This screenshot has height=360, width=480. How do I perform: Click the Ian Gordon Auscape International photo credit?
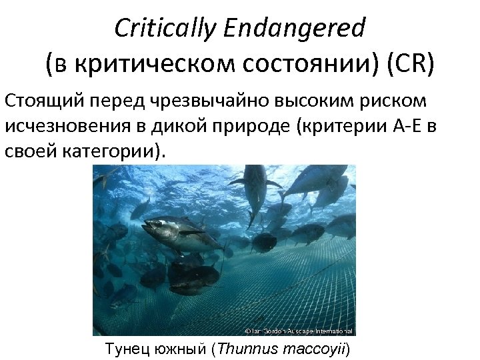[297, 331]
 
